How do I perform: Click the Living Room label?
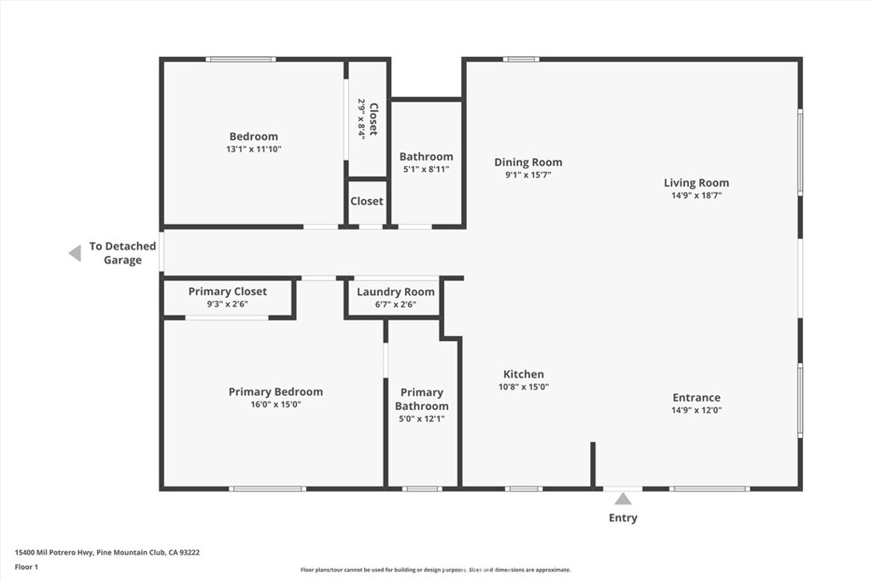[696, 183]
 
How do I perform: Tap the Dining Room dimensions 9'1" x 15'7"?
[527, 175]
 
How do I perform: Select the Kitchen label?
[523, 374]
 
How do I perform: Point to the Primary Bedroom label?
[276, 391]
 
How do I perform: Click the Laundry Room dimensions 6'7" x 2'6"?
[396, 305]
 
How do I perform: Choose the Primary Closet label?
[227, 292]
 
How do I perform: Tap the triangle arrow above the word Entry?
[623, 498]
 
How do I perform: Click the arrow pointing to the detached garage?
[75, 253]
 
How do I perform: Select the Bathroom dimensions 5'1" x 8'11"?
[426, 169]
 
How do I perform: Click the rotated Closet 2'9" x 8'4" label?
[367, 119]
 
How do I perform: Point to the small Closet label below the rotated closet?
[367, 201]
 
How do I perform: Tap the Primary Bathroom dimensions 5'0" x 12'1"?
[422, 419]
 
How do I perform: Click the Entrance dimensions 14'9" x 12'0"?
[697, 411]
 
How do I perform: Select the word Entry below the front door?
[623, 518]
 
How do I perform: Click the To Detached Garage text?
[122, 253]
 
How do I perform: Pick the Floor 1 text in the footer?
[26, 567]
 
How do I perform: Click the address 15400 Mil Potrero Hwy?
[54, 553]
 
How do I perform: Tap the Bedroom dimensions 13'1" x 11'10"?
[253, 150]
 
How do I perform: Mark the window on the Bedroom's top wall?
[241, 60]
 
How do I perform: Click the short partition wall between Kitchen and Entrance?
[593, 465]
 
